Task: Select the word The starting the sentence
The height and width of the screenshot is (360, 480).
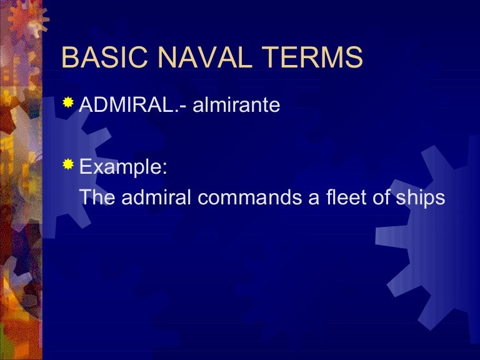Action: click(96, 197)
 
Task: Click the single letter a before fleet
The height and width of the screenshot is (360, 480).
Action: click(297, 198)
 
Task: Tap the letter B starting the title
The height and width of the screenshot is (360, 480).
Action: click(70, 58)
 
